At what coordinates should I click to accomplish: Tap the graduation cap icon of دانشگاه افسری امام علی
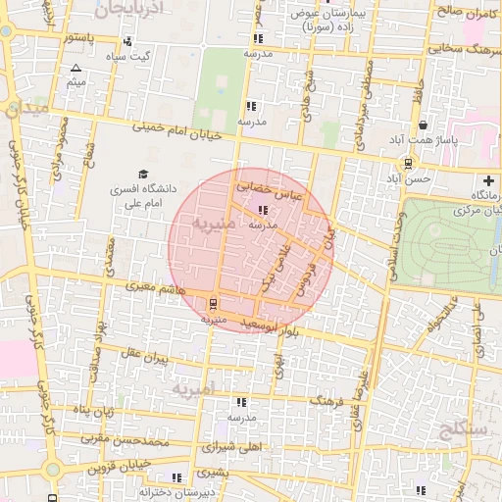(130, 175)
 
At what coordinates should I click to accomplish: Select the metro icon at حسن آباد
(407, 164)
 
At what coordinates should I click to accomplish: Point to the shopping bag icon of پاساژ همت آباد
(424, 125)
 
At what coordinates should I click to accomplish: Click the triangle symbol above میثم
(76, 68)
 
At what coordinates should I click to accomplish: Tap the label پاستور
(78, 37)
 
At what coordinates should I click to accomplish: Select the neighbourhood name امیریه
(192, 390)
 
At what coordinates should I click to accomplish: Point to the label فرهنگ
(329, 402)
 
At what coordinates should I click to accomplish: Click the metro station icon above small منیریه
(215, 302)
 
